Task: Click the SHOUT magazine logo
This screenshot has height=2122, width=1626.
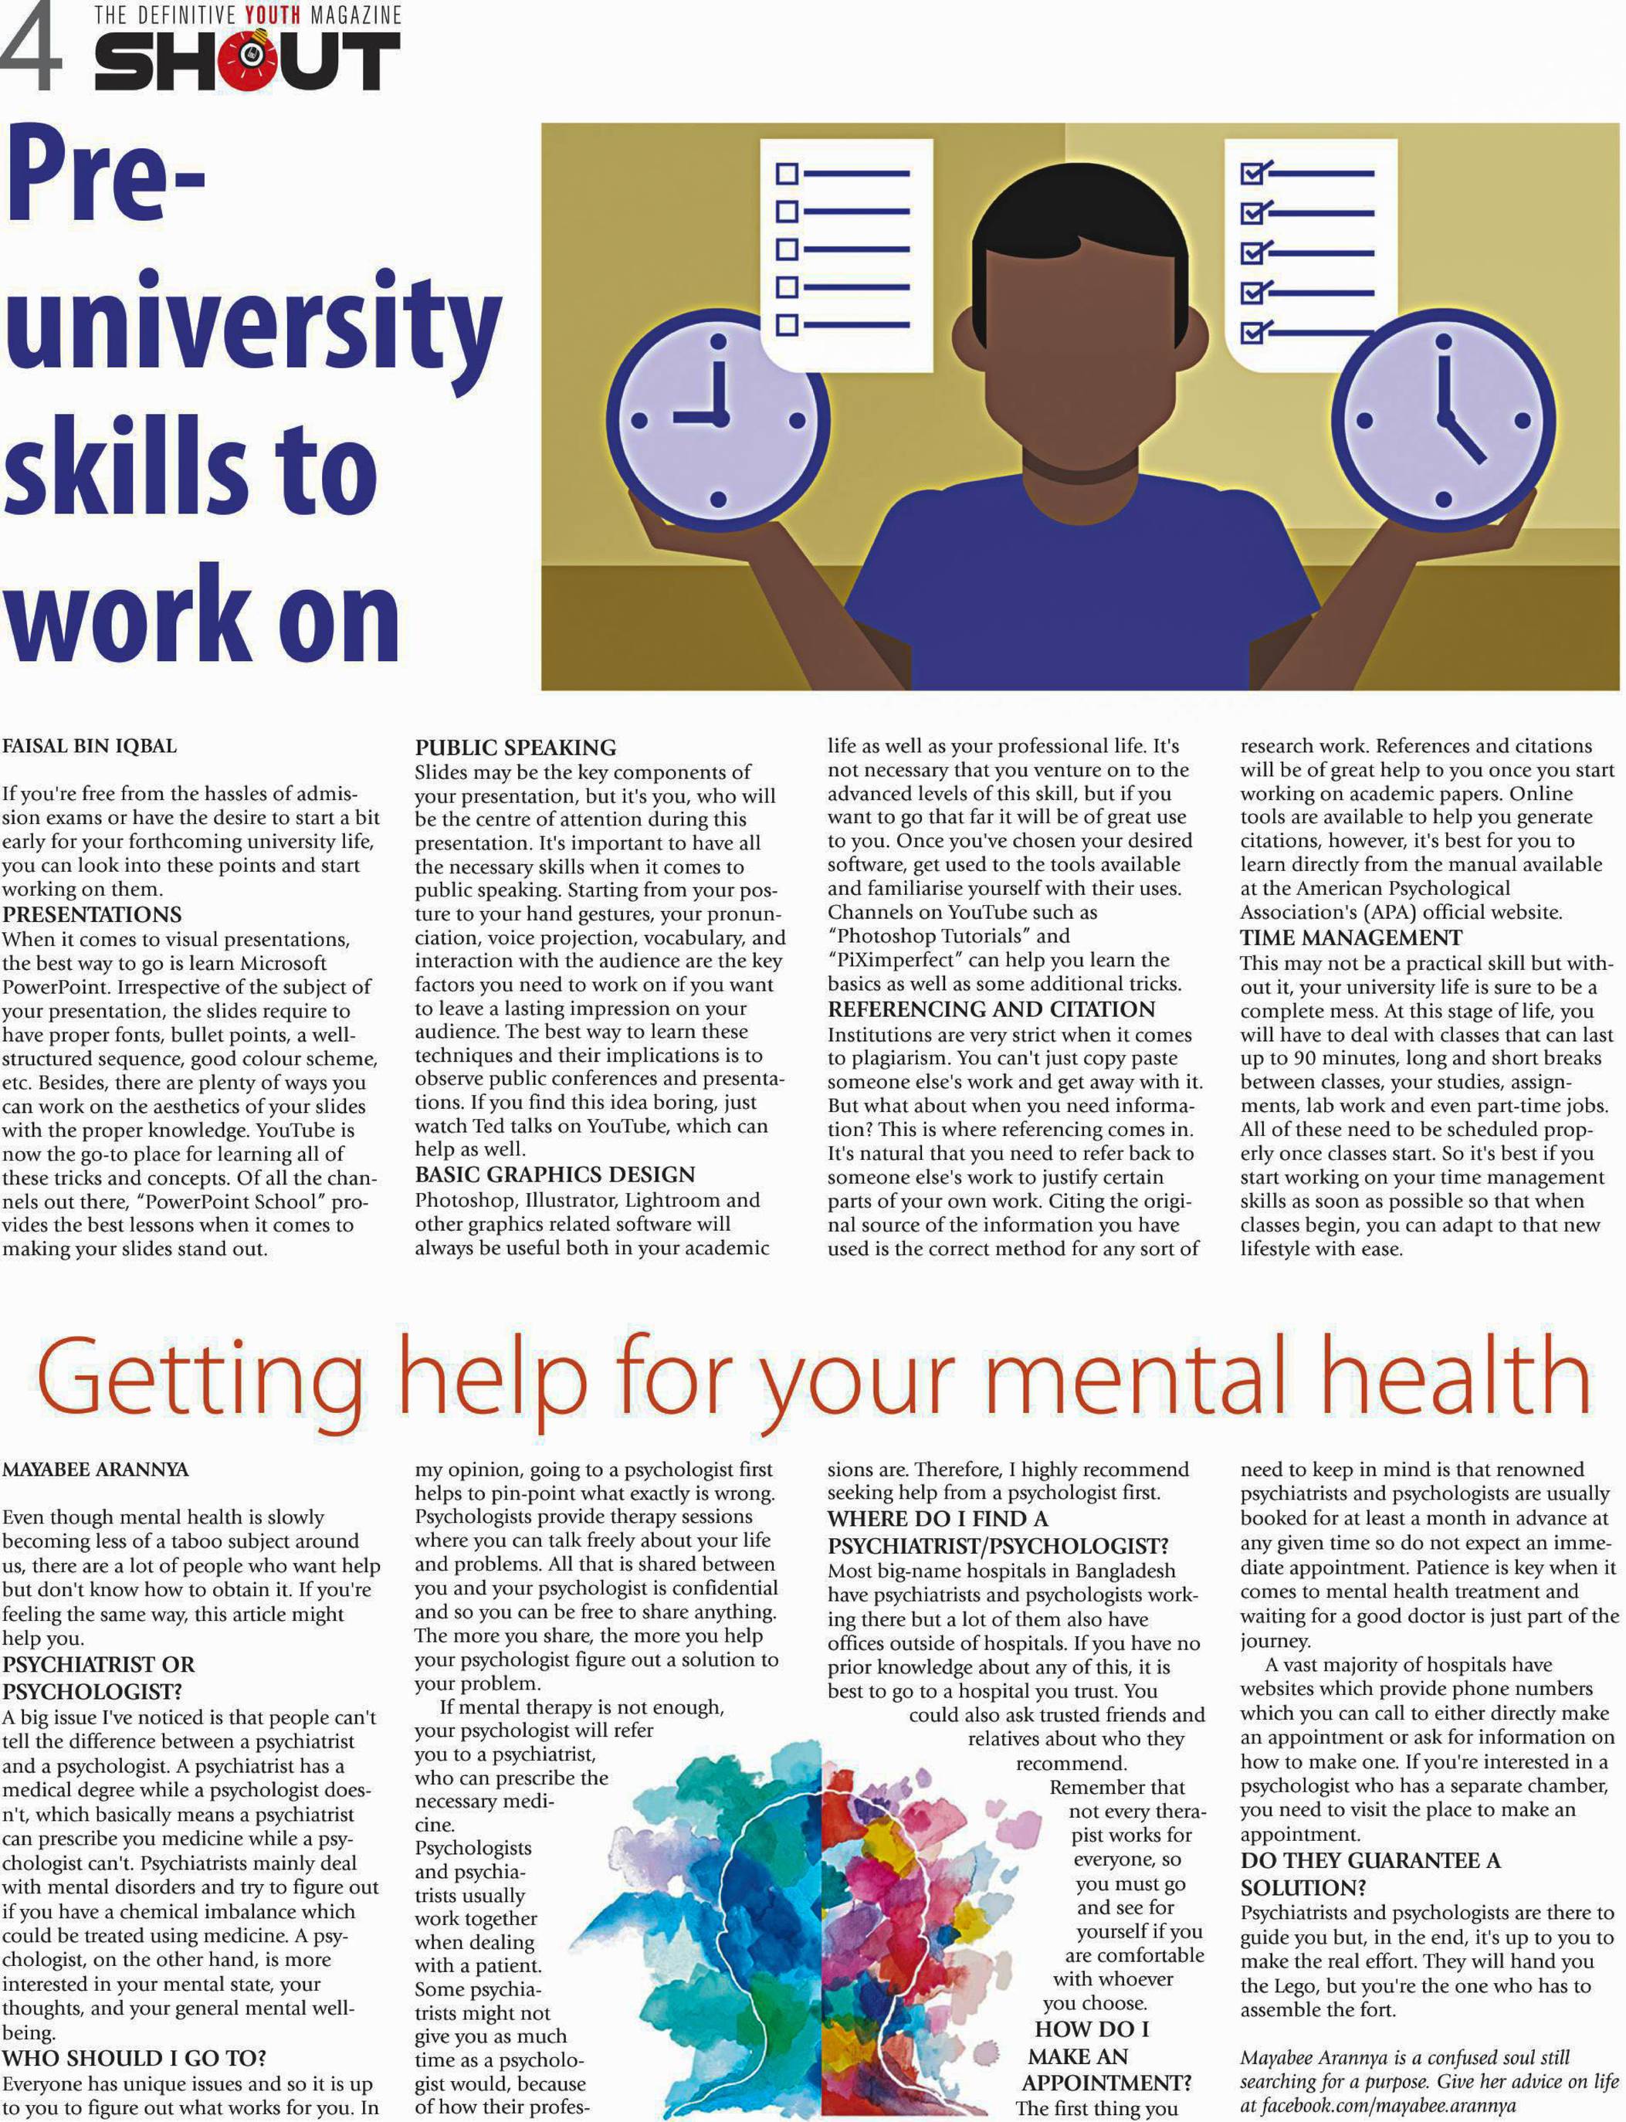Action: tap(247, 60)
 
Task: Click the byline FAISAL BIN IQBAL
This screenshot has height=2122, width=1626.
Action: tap(89, 747)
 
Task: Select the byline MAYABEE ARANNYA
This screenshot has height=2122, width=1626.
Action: tap(95, 1469)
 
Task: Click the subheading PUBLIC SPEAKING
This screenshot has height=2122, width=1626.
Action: tap(515, 747)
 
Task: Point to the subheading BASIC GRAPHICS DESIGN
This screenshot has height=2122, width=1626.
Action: tap(554, 1175)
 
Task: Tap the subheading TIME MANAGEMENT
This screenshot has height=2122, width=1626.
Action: tap(1351, 937)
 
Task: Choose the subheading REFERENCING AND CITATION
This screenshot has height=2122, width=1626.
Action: tap(991, 1008)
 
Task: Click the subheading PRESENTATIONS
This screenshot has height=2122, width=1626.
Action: tap(92, 914)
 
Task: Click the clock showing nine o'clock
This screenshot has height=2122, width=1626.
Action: tap(718, 419)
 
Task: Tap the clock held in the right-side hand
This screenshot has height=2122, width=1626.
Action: tap(1443, 420)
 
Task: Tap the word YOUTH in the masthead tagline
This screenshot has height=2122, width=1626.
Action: tap(273, 15)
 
